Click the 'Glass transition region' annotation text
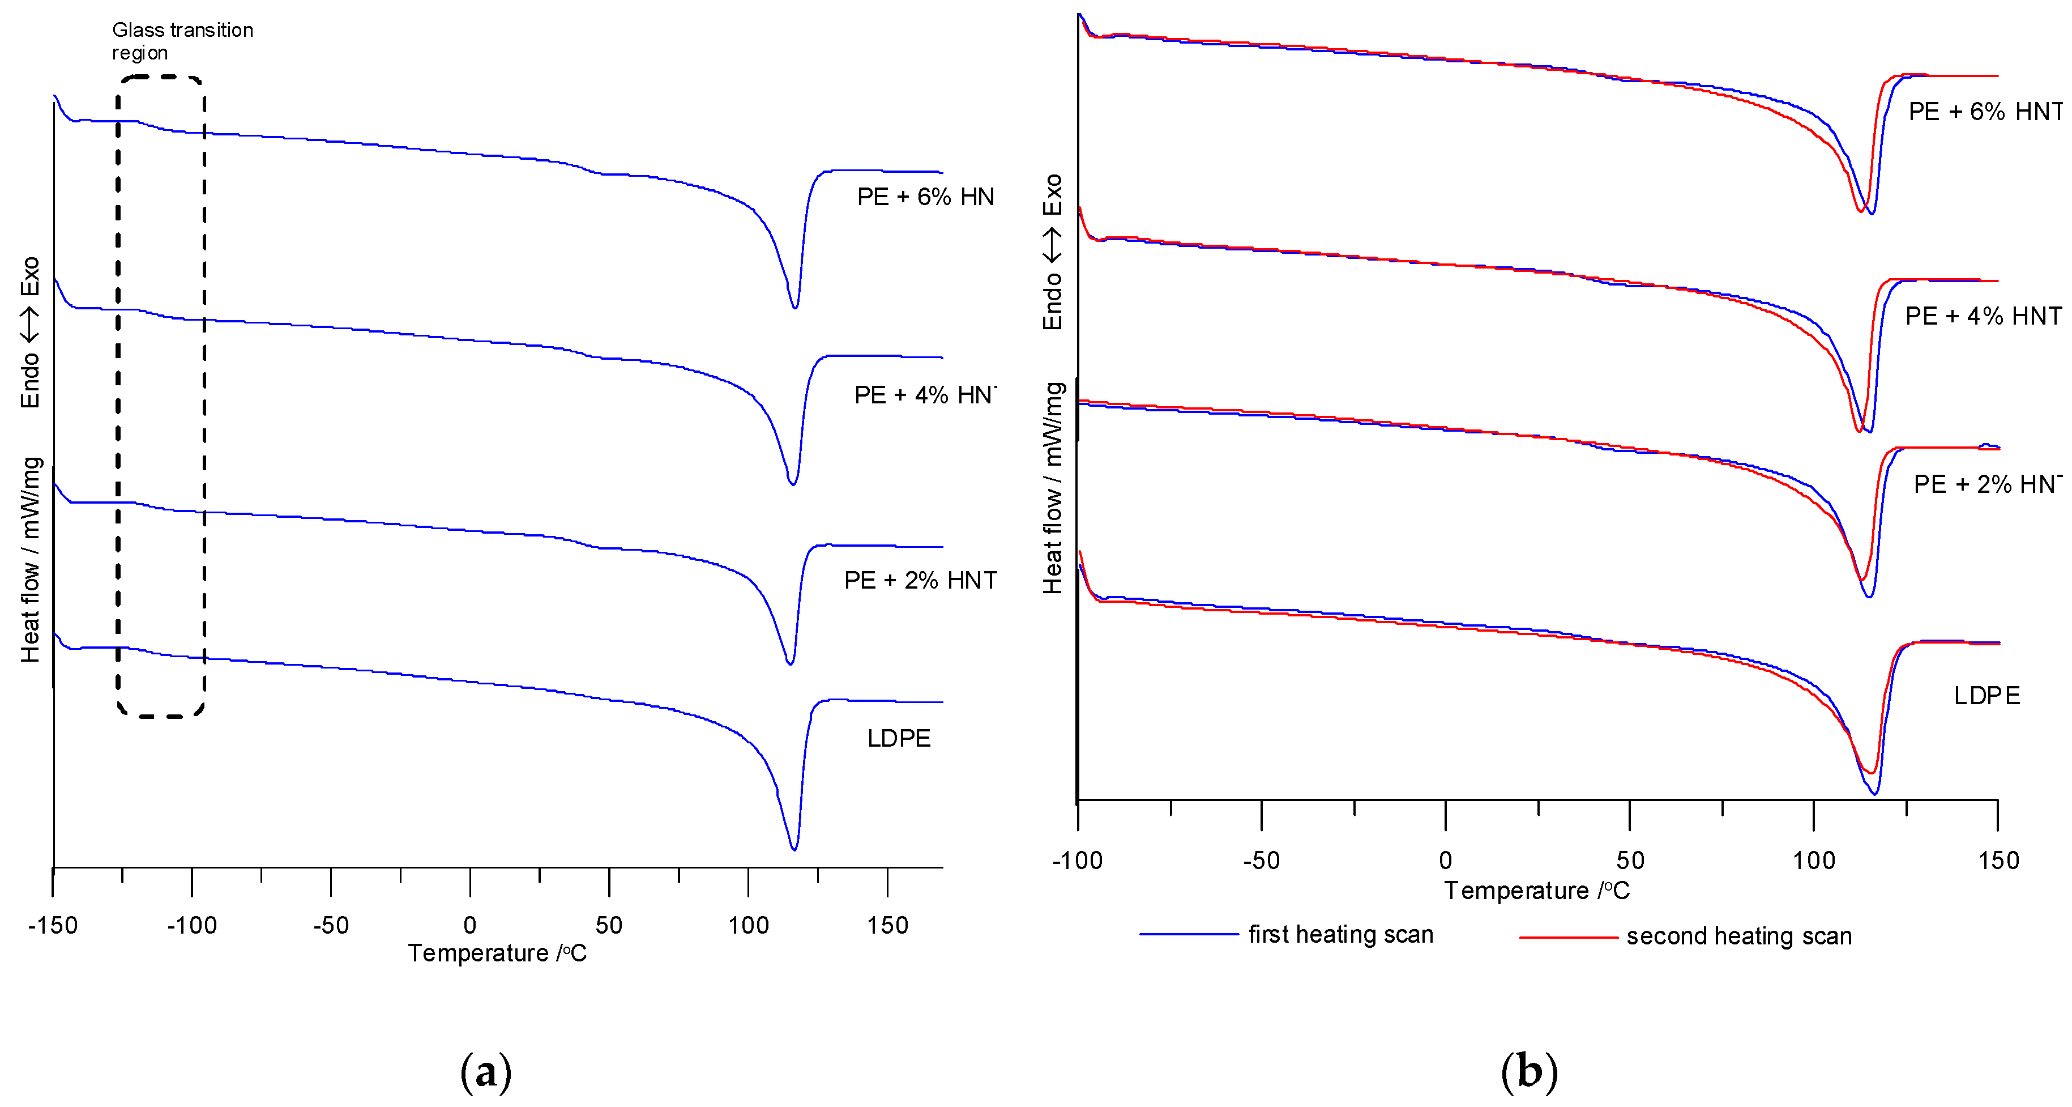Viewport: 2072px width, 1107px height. coord(182,41)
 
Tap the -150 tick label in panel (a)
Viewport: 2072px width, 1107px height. coord(53,925)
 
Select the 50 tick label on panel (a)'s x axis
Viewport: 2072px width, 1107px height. coord(609,925)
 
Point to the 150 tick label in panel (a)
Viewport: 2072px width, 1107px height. coord(887,925)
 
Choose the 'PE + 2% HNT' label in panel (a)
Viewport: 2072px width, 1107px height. coord(920,580)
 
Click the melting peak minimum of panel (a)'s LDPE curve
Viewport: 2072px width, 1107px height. coord(794,848)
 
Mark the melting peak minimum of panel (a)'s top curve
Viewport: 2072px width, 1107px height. coord(794,306)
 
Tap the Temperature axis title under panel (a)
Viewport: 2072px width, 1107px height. coord(497,953)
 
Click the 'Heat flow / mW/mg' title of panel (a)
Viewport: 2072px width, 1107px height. coord(31,560)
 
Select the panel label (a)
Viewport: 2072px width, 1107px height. coord(486,1072)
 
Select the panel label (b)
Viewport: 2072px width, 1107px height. coord(1529,1072)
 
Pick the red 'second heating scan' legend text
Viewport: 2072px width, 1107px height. coord(1739,936)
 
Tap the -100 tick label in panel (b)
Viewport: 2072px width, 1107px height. coord(1077,860)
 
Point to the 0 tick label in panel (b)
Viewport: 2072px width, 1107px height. coord(1445,860)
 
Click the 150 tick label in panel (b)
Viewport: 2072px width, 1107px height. coord(1998,860)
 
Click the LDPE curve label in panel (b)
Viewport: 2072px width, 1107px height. coord(1986,695)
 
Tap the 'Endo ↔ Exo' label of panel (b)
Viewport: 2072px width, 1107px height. coord(1053,252)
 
